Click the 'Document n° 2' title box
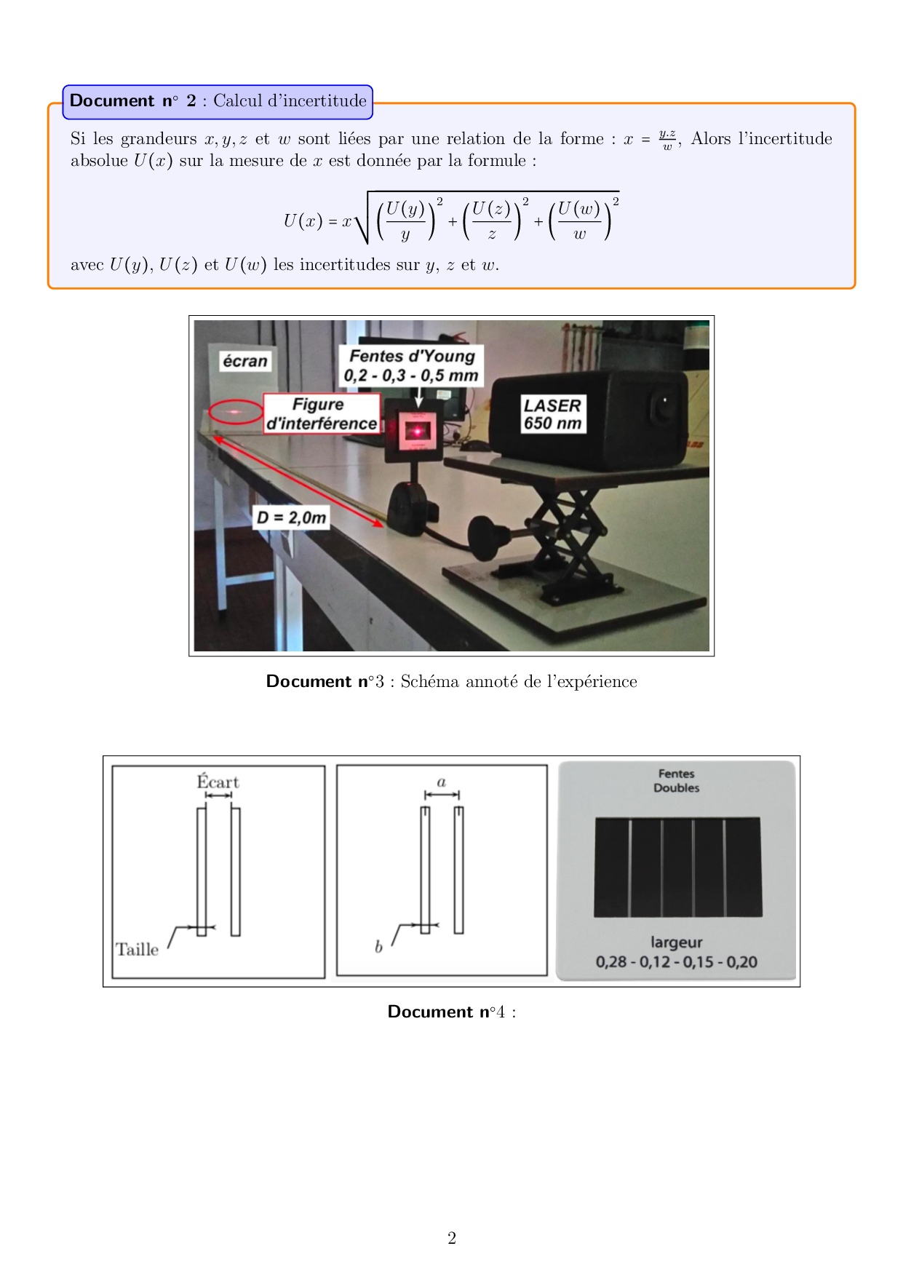click(218, 102)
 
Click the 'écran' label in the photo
click(245, 361)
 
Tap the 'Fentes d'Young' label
click(411, 365)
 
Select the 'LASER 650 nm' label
click(553, 414)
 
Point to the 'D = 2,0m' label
click(292, 517)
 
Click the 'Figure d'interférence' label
click(322, 413)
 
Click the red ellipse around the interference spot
click(236, 412)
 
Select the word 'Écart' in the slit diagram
click(218, 782)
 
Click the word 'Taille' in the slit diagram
click(137, 949)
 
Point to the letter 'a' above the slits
click(441, 782)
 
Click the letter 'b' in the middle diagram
click(378, 946)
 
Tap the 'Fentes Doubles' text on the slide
click(676, 781)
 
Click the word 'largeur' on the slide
click(676, 942)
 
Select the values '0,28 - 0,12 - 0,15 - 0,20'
click(676, 962)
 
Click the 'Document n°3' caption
click(451, 681)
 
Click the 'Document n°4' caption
click(451, 1012)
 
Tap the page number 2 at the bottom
click(452, 1238)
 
